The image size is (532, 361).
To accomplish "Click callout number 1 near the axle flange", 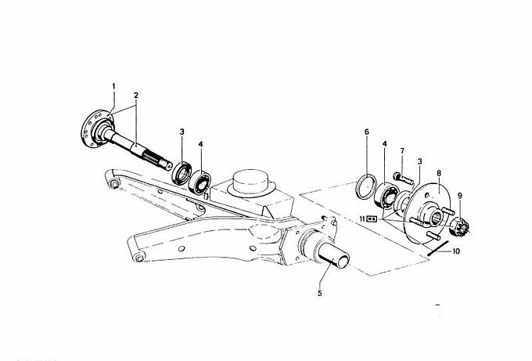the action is pyautogui.click(x=113, y=86).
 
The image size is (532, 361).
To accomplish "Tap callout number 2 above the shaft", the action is pyautogui.click(x=136, y=95).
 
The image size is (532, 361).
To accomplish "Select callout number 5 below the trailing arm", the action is pyautogui.click(x=320, y=293).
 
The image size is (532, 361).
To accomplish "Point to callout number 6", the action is pyautogui.click(x=367, y=132).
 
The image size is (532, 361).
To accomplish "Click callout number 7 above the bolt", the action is pyautogui.click(x=402, y=150).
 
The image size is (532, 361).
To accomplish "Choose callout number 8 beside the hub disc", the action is pyautogui.click(x=439, y=173).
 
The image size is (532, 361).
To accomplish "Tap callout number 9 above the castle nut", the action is pyautogui.click(x=460, y=196).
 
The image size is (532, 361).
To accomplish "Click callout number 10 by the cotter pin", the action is pyautogui.click(x=456, y=251).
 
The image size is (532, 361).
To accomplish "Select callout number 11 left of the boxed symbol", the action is pyautogui.click(x=362, y=219).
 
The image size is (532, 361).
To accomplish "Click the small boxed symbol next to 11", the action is pyautogui.click(x=372, y=219).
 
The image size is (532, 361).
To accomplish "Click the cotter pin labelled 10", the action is pyautogui.click(x=438, y=248).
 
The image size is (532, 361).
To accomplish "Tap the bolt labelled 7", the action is pyautogui.click(x=404, y=179).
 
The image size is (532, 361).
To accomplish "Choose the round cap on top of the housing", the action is pyautogui.click(x=252, y=182).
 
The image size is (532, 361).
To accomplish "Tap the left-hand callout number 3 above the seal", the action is pyautogui.click(x=182, y=132).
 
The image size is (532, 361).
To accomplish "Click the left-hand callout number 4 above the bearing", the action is pyautogui.click(x=200, y=144).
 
